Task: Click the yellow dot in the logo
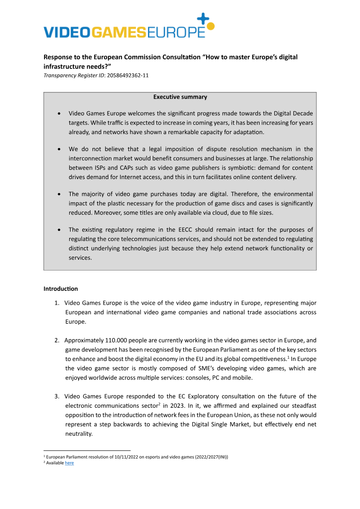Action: tap(211, 26)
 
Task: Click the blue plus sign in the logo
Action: tap(203, 18)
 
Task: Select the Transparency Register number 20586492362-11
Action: tap(127, 75)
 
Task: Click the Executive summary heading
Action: tap(180, 97)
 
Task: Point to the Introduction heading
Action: tap(60, 288)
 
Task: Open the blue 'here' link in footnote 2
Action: tap(69, 463)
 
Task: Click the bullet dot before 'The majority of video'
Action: tap(60, 194)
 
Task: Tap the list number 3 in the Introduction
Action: tap(57, 396)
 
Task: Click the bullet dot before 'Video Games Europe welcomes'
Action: tap(60, 113)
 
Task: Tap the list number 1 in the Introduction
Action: tap(57, 302)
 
